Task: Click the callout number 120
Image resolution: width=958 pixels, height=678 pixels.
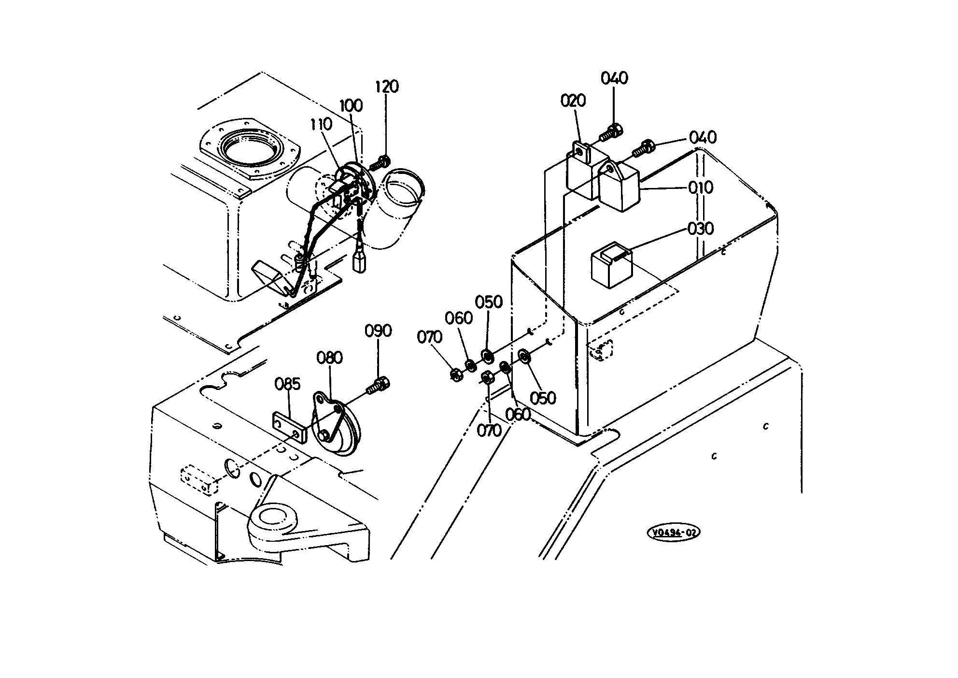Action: pos(387,87)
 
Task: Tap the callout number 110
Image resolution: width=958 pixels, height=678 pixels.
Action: pos(321,124)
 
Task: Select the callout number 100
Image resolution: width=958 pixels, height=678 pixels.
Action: pos(351,105)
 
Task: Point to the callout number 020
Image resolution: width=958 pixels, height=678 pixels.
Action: pos(573,101)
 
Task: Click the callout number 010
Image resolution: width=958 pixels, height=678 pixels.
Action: pos(701,188)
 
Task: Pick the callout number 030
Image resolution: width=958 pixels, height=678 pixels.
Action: pos(701,228)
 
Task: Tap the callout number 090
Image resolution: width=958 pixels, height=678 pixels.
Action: pos(378,331)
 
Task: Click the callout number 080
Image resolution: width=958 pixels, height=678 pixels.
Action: pos(330,358)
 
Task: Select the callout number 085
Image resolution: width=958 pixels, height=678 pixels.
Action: pos(288,384)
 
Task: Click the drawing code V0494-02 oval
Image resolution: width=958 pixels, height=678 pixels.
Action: pos(674,533)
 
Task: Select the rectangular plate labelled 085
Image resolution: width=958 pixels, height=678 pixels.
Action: pos(289,427)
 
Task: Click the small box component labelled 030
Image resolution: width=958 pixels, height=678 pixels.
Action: pos(612,265)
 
